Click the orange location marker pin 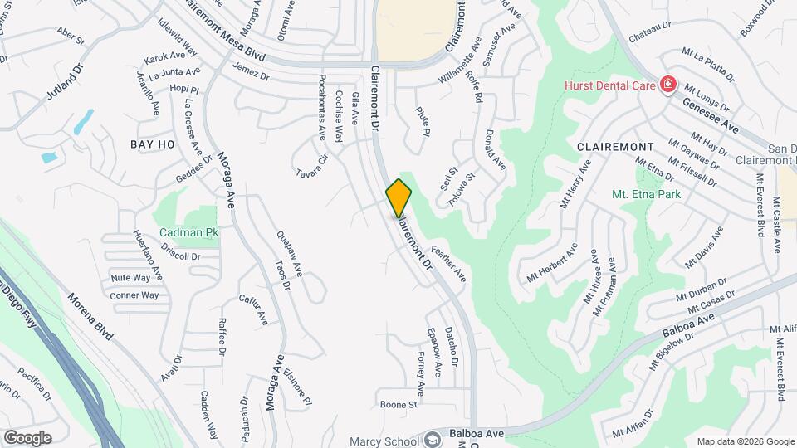point(398,198)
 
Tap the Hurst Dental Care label point(610,85)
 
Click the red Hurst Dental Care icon point(667,85)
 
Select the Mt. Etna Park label point(646,194)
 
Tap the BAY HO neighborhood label point(152,144)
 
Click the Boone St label point(398,405)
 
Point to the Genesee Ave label point(710,114)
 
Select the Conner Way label point(134,295)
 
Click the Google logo point(27,437)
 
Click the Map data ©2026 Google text point(744,441)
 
